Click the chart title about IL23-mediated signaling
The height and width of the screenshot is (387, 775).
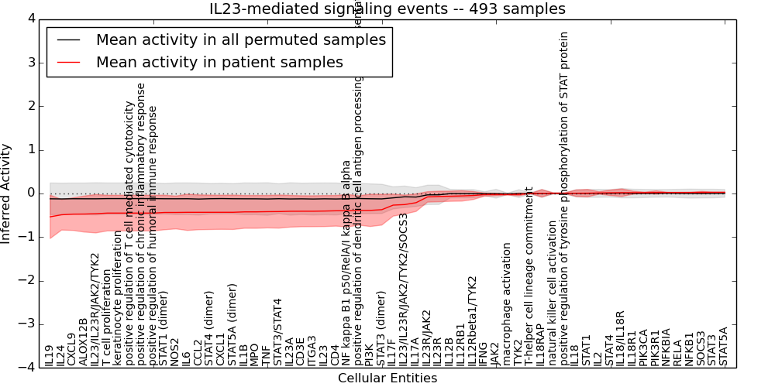click(x=387, y=9)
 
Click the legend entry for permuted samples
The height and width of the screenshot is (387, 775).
click(x=240, y=40)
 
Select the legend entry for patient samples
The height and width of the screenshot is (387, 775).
click(x=219, y=62)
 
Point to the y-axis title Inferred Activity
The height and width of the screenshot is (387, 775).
click(x=7, y=193)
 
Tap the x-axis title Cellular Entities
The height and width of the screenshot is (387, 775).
click(x=387, y=378)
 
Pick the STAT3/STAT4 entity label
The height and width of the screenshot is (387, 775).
click(x=278, y=333)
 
